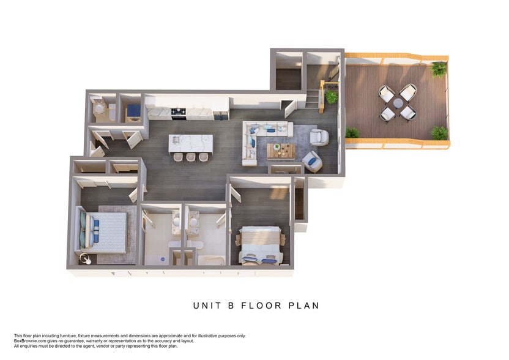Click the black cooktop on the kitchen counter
click(x=178, y=112)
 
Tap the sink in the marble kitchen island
click(x=176, y=140)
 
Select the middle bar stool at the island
click(x=191, y=157)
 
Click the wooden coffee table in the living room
click(x=281, y=151)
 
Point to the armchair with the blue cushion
click(x=313, y=161)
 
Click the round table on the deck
click(x=398, y=103)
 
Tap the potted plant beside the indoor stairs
click(x=331, y=97)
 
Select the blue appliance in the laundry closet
click(x=133, y=111)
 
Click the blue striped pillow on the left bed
click(x=97, y=233)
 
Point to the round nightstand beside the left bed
click(x=86, y=259)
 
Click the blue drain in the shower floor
click(x=163, y=259)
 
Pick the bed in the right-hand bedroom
click(x=260, y=246)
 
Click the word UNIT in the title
click(x=207, y=306)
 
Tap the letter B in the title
click(x=231, y=306)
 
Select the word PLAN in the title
click(x=304, y=306)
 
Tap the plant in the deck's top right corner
click(x=439, y=70)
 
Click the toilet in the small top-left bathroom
click(x=98, y=108)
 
